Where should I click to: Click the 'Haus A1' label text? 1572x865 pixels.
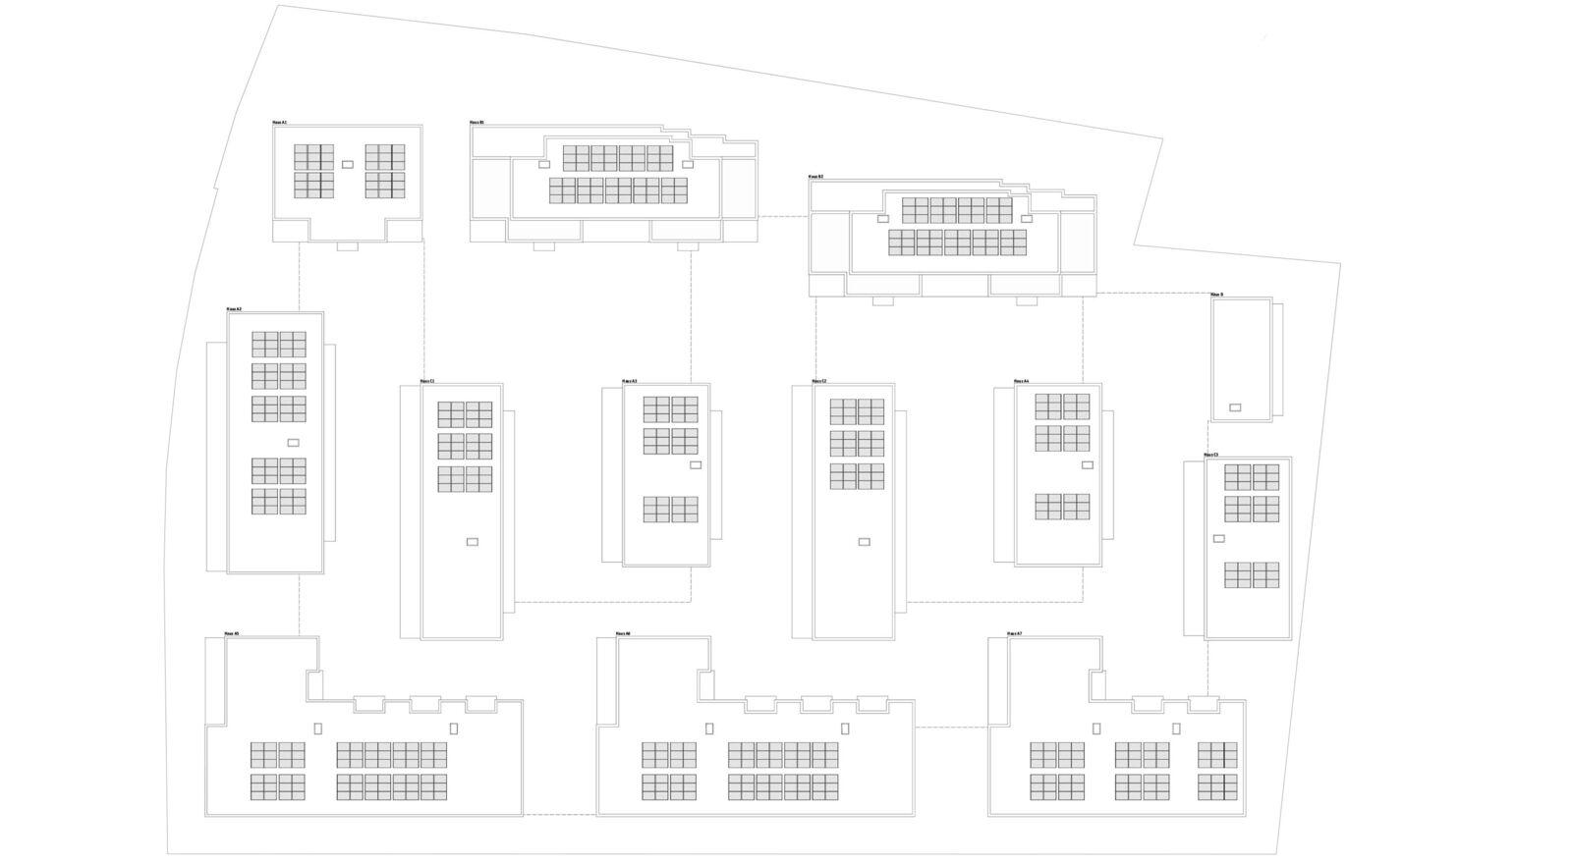(x=280, y=123)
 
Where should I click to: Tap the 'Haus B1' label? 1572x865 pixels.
(x=477, y=123)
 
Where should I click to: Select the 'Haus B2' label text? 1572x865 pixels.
(x=815, y=177)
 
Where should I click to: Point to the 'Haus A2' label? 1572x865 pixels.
(x=234, y=309)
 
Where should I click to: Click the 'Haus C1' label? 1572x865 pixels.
(x=426, y=381)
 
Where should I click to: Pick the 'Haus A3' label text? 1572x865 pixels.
(x=629, y=381)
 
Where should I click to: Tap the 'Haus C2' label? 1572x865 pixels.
(x=819, y=381)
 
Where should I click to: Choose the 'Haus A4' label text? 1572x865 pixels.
(x=1021, y=381)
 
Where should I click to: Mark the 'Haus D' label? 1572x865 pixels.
(x=1216, y=295)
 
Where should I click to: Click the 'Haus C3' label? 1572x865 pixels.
(x=1210, y=455)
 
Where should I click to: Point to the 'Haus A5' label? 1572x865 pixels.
(x=232, y=634)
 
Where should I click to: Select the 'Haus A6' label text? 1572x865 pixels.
(x=623, y=634)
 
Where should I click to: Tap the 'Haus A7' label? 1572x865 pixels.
(x=1015, y=634)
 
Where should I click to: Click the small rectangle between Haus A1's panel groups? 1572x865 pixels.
(x=347, y=164)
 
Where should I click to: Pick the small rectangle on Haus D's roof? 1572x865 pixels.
(x=1235, y=407)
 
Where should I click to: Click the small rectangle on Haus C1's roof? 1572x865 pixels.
(x=472, y=542)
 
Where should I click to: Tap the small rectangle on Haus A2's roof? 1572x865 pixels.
(x=293, y=443)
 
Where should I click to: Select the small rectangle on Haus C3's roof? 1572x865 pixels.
(x=1219, y=538)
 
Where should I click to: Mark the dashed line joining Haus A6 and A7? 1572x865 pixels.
(x=951, y=728)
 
